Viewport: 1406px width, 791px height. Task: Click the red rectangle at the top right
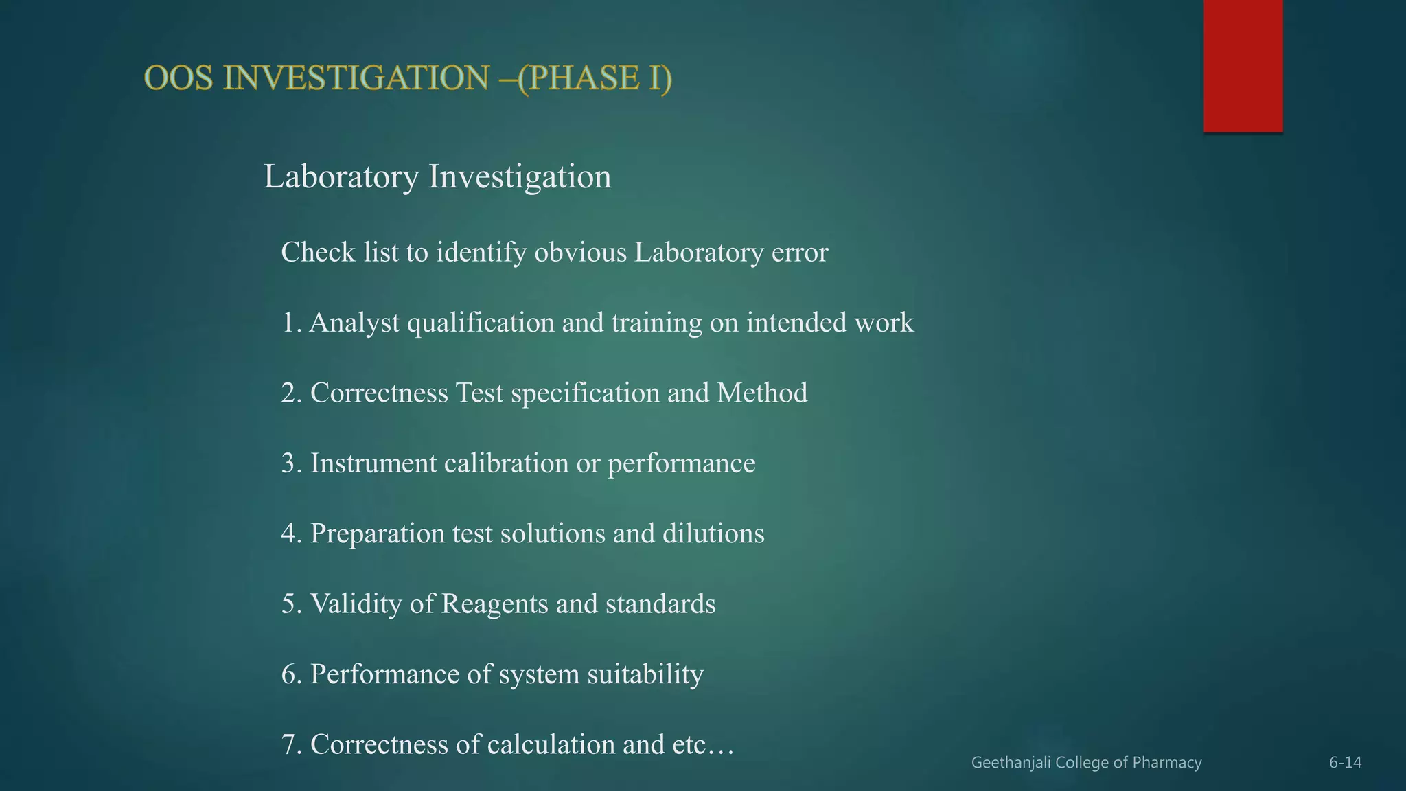click(1243, 66)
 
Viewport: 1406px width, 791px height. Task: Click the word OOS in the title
click(178, 78)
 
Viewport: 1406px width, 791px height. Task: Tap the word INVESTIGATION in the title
click(356, 78)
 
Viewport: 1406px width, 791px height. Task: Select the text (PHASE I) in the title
click(595, 78)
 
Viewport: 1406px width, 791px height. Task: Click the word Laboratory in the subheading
click(341, 176)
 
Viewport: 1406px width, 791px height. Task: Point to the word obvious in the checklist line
click(580, 253)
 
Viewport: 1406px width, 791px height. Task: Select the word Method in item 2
click(762, 393)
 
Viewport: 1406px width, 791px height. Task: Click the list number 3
click(291, 463)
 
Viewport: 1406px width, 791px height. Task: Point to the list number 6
click(291, 674)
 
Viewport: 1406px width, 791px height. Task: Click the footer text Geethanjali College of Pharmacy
click(1086, 763)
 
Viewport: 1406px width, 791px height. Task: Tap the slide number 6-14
click(1345, 763)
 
